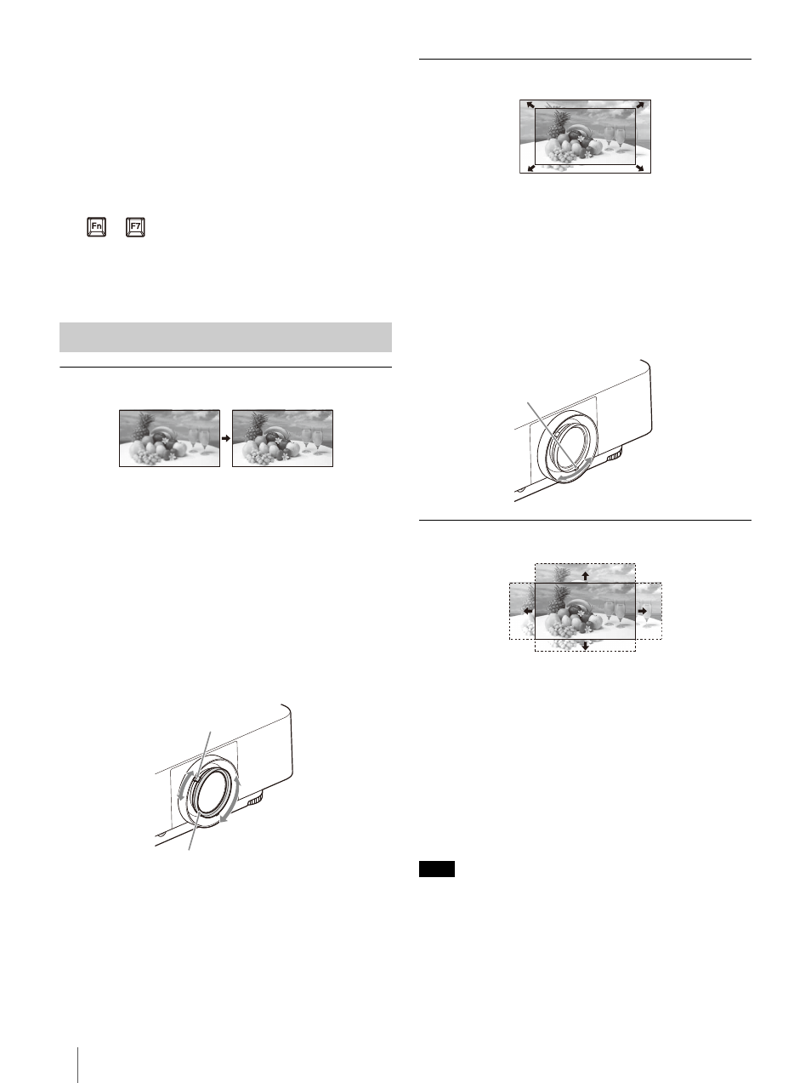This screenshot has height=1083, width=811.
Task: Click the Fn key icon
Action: (x=96, y=227)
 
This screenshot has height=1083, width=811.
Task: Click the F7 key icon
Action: (x=135, y=227)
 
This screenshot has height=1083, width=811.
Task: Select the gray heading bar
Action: (x=225, y=338)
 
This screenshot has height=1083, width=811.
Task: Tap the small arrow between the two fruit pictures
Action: (x=226, y=437)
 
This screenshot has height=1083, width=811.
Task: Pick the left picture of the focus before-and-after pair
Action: (x=169, y=438)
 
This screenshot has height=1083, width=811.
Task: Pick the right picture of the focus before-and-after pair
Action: (x=282, y=438)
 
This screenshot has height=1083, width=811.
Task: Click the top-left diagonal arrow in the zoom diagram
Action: (x=530, y=105)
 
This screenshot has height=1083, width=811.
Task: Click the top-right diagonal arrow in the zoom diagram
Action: (x=640, y=105)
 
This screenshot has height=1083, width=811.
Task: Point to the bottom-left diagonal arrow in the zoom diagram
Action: (x=531, y=168)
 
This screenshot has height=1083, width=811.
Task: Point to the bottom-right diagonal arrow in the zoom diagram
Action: (x=640, y=168)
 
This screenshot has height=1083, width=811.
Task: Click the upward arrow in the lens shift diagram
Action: (x=585, y=575)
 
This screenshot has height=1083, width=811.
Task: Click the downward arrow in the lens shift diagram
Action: (x=585, y=646)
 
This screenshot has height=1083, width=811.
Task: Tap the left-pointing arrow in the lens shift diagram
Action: (x=528, y=611)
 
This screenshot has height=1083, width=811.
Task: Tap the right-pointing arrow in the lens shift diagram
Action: (x=643, y=611)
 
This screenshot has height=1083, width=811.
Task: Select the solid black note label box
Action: (x=437, y=869)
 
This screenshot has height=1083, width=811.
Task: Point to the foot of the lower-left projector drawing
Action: (x=254, y=801)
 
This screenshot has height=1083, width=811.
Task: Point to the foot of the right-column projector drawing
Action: (x=615, y=456)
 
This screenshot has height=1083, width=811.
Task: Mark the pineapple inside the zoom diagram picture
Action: (x=559, y=125)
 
